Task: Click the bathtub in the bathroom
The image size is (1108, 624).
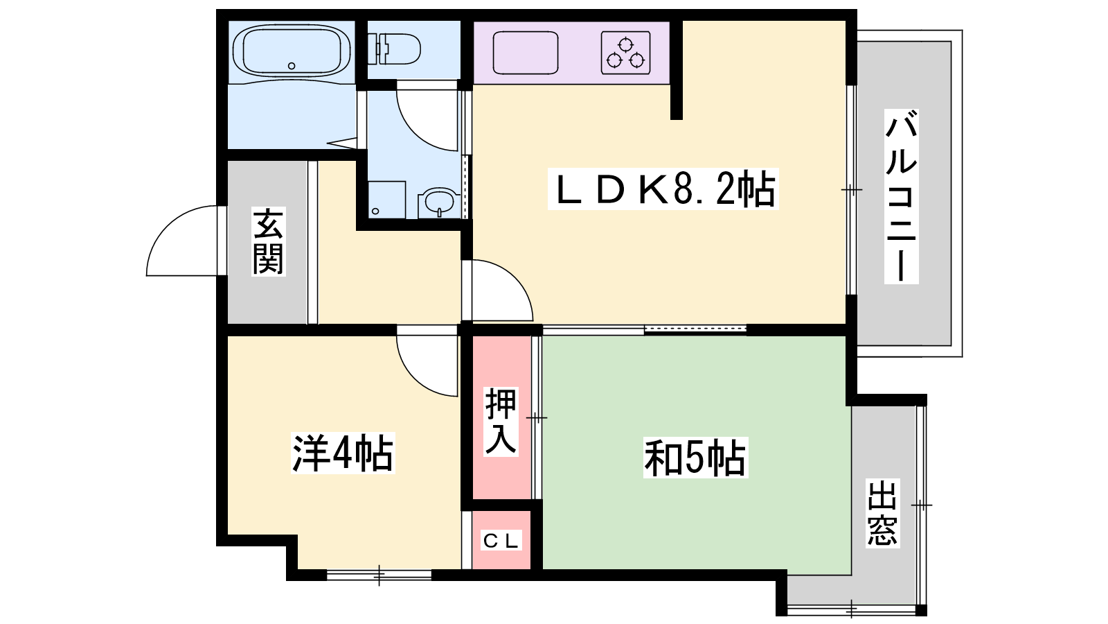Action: click(x=292, y=51)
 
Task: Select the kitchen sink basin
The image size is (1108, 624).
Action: click(x=526, y=53)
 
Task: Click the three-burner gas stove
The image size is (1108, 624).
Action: click(x=626, y=53)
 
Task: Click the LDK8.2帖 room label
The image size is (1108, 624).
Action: click(x=663, y=189)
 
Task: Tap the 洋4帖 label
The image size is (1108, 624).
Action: click(x=343, y=453)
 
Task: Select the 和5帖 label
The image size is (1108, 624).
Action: click(x=695, y=457)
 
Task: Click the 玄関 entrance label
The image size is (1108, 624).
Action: click(x=268, y=242)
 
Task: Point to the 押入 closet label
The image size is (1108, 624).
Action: click(x=501, y=422)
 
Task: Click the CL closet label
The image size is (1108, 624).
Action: click(x=501, y=540)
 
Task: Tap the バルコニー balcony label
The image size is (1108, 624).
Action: click(x=901, y=196)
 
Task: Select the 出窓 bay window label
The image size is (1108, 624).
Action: click(x=882, y=512)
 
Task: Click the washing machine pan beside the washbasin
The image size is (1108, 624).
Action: click(x=387, y=200)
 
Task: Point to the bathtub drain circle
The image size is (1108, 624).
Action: click(x=292, y=66)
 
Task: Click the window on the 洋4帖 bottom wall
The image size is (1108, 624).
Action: click(x=379, y=575)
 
